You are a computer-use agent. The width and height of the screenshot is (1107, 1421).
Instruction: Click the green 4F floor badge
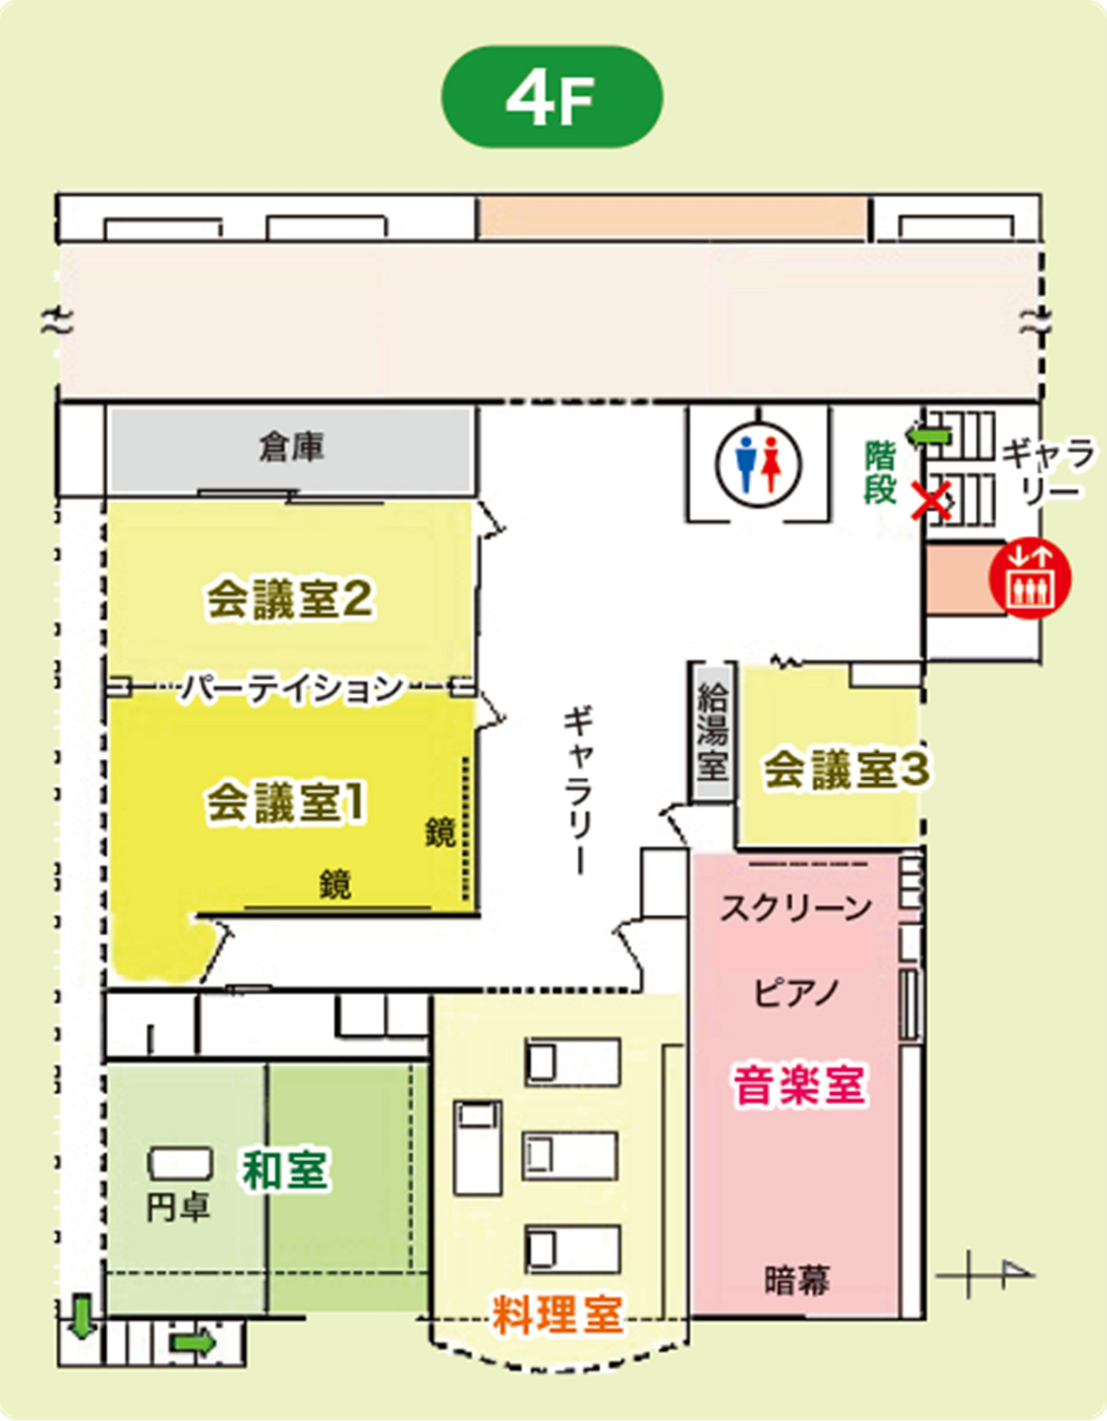552,97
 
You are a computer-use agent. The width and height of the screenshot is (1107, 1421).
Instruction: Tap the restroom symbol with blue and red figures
758,464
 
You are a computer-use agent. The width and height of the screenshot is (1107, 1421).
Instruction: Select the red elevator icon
1030,578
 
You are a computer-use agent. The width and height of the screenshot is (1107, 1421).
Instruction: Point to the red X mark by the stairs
931,502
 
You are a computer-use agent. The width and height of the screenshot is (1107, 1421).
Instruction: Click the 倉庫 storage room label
292,448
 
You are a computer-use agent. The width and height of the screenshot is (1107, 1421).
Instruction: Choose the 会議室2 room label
289,599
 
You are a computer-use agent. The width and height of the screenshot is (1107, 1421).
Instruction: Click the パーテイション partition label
292,688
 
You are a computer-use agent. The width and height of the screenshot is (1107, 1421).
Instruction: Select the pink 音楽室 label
800,1086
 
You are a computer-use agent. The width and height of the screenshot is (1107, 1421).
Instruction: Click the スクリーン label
796,908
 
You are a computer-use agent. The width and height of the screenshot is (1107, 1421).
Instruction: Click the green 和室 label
285,1170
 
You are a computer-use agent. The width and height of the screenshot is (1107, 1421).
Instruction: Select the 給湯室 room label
712,732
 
